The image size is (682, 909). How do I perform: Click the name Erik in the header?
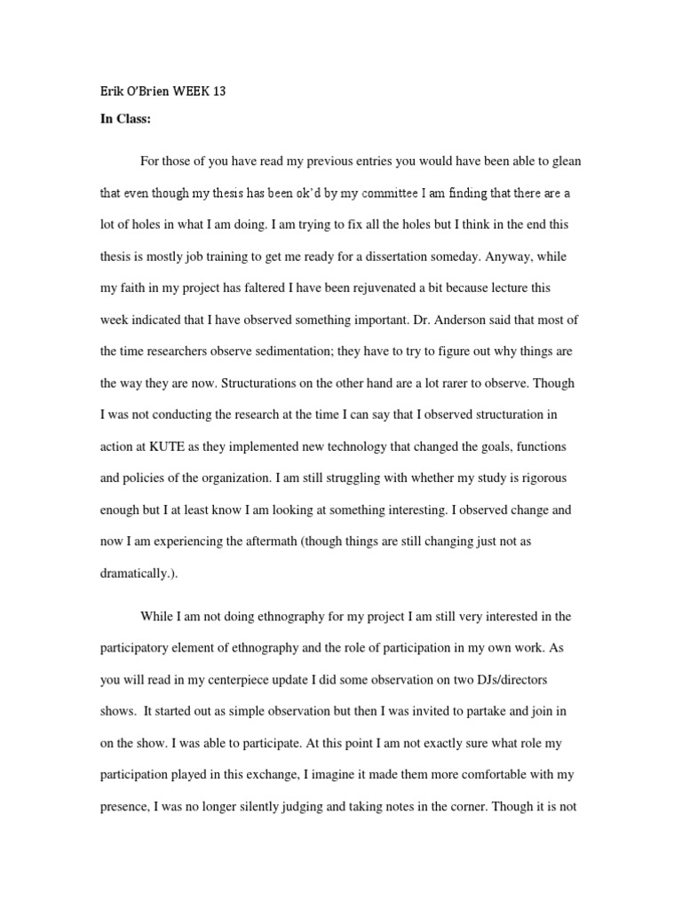coord(112,91)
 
